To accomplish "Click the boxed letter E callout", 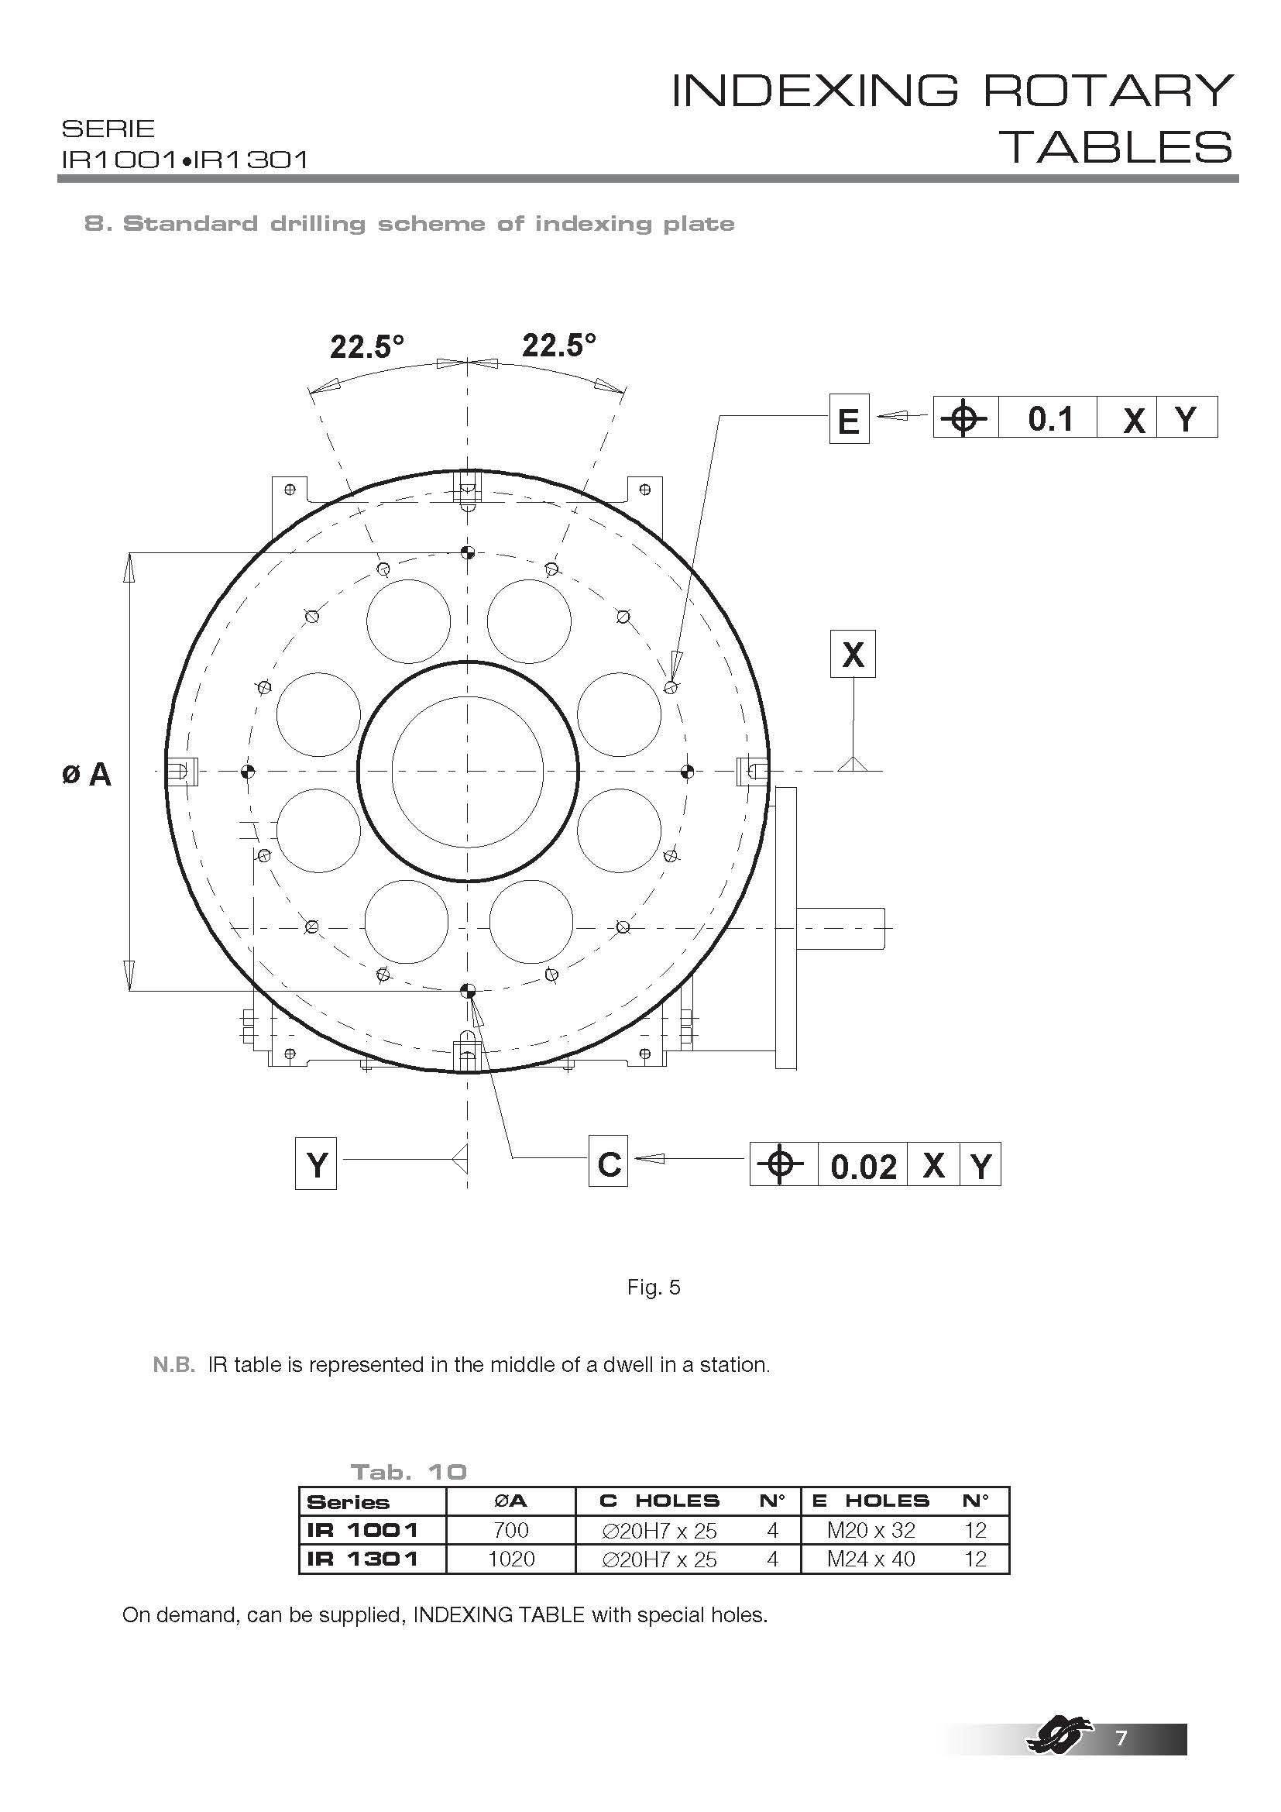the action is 849,419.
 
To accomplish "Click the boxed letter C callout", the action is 608,1161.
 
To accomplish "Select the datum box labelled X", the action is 853,654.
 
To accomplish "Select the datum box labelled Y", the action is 315,1164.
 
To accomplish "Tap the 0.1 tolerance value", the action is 1050,419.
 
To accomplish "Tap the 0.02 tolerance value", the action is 864,1167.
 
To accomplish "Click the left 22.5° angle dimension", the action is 367,346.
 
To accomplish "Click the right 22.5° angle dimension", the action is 559,345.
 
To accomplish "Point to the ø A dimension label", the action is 87,775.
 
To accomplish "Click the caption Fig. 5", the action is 653,1288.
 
